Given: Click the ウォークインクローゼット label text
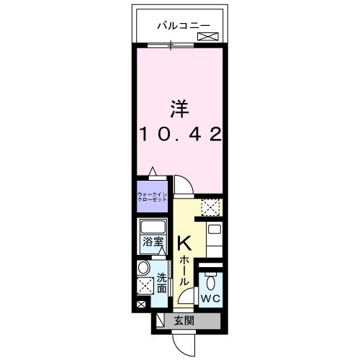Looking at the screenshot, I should coord(152,196).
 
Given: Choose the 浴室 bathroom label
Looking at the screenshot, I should coord(152,243).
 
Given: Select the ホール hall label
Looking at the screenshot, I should coord(184,270).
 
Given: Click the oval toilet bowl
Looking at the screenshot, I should coord(210,282).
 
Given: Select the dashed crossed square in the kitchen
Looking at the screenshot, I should coord(210,208).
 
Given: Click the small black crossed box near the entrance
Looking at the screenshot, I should coord(140,306).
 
